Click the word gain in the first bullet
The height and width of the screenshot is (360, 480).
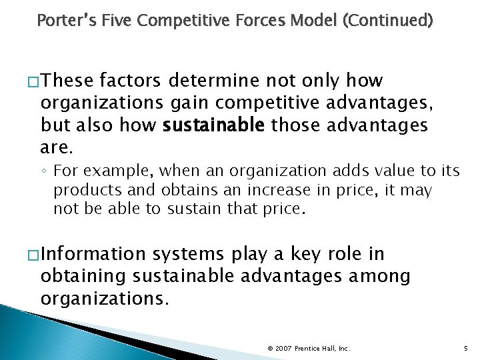(192, 103)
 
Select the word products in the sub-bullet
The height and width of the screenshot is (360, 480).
(83, 191)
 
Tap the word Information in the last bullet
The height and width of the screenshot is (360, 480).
(93, 255)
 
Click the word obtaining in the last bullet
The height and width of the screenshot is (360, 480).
(84, 277)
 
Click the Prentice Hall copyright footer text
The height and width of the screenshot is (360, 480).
(308, 348)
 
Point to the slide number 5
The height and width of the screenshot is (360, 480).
(465, 348)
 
